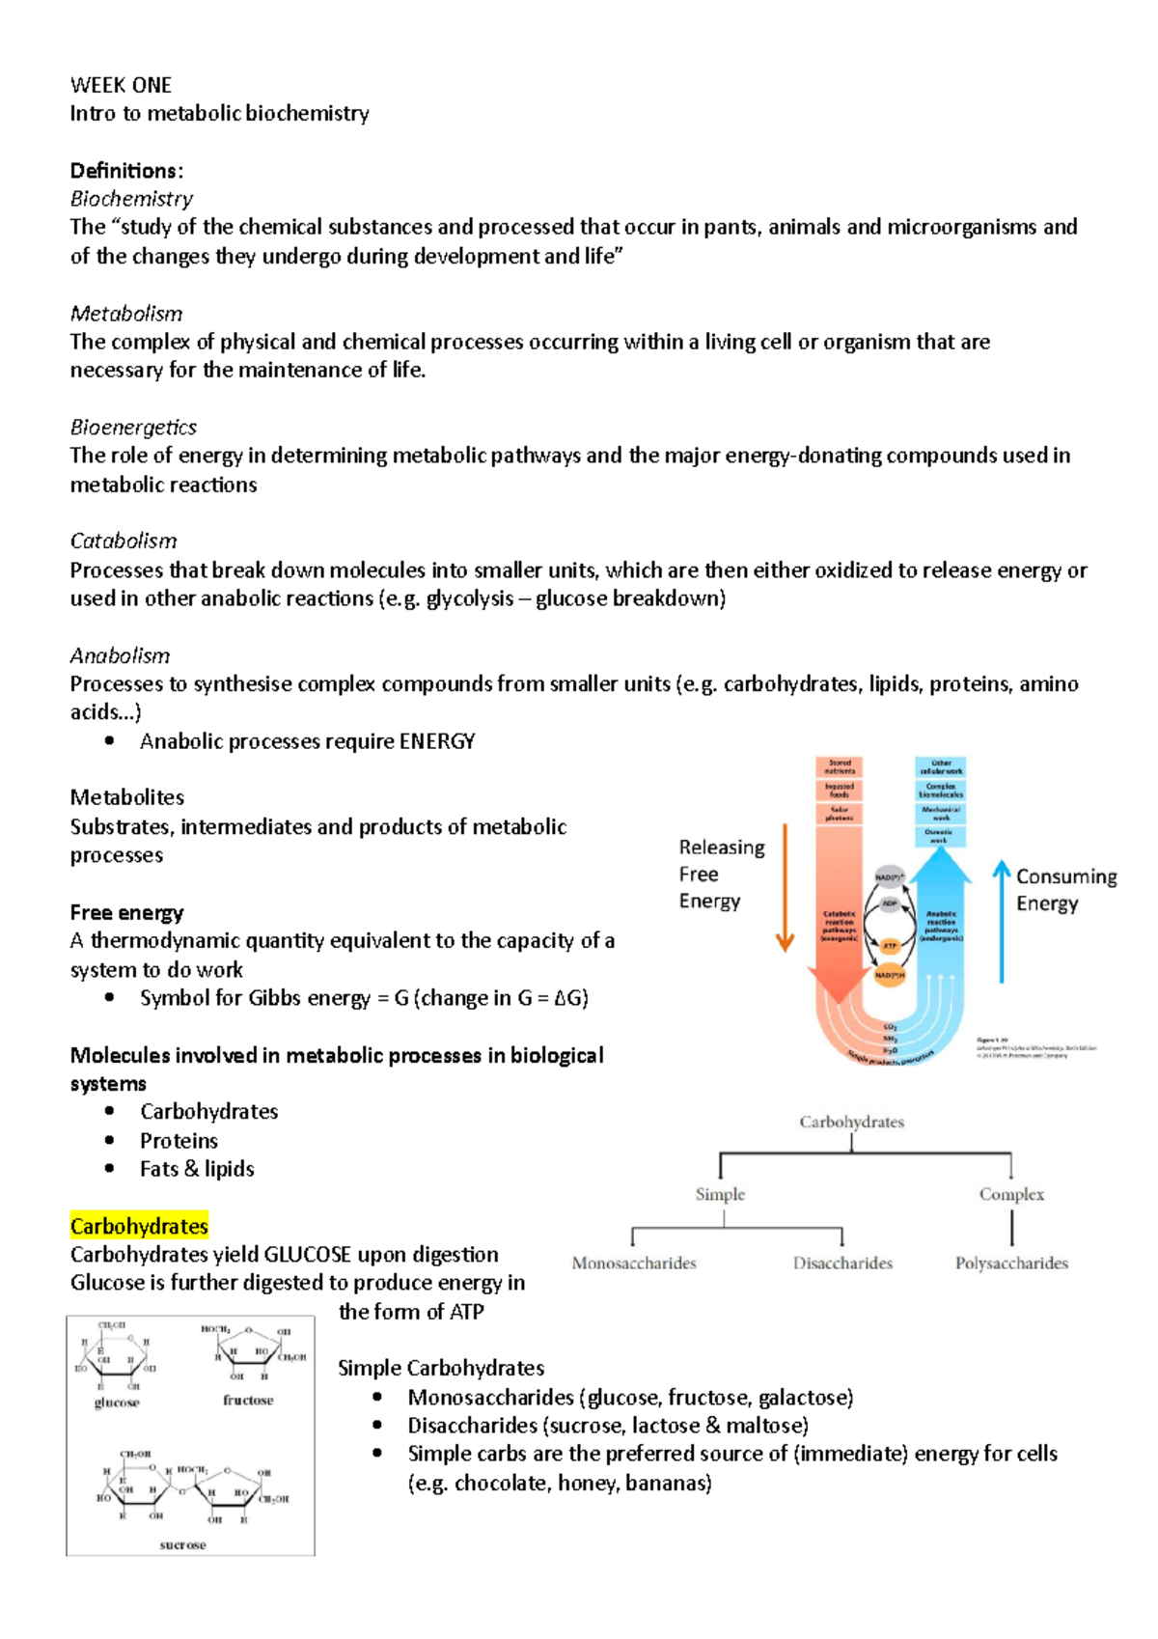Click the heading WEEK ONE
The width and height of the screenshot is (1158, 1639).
(121, 85)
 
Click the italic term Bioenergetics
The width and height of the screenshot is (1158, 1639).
(133, 428)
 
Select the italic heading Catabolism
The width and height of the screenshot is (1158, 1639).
(124, 542)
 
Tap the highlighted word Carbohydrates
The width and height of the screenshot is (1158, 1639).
(139, 1227)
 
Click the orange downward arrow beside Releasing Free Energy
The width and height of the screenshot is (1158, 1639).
(786, 888)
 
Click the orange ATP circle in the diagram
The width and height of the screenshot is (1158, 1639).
(890, 946)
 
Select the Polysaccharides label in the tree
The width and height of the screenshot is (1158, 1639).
(1011, 1264)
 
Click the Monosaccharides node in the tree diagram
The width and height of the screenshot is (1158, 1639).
(634, 1264)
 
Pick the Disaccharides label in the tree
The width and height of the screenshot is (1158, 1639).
(842, 1264)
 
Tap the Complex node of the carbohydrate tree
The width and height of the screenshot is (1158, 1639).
(1011, 1195)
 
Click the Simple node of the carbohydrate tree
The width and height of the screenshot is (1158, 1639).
(720, 1195)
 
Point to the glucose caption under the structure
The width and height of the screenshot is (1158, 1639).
(117, 1403)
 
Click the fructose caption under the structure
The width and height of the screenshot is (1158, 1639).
(248, 1401)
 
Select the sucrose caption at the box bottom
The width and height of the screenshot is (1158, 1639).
(182, 1545)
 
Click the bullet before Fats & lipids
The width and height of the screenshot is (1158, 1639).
(110, 1169)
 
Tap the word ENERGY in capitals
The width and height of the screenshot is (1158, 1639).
(437, 741)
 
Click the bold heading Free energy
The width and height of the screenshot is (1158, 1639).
(126, 913)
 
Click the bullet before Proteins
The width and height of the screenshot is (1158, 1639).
(110, 1141)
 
